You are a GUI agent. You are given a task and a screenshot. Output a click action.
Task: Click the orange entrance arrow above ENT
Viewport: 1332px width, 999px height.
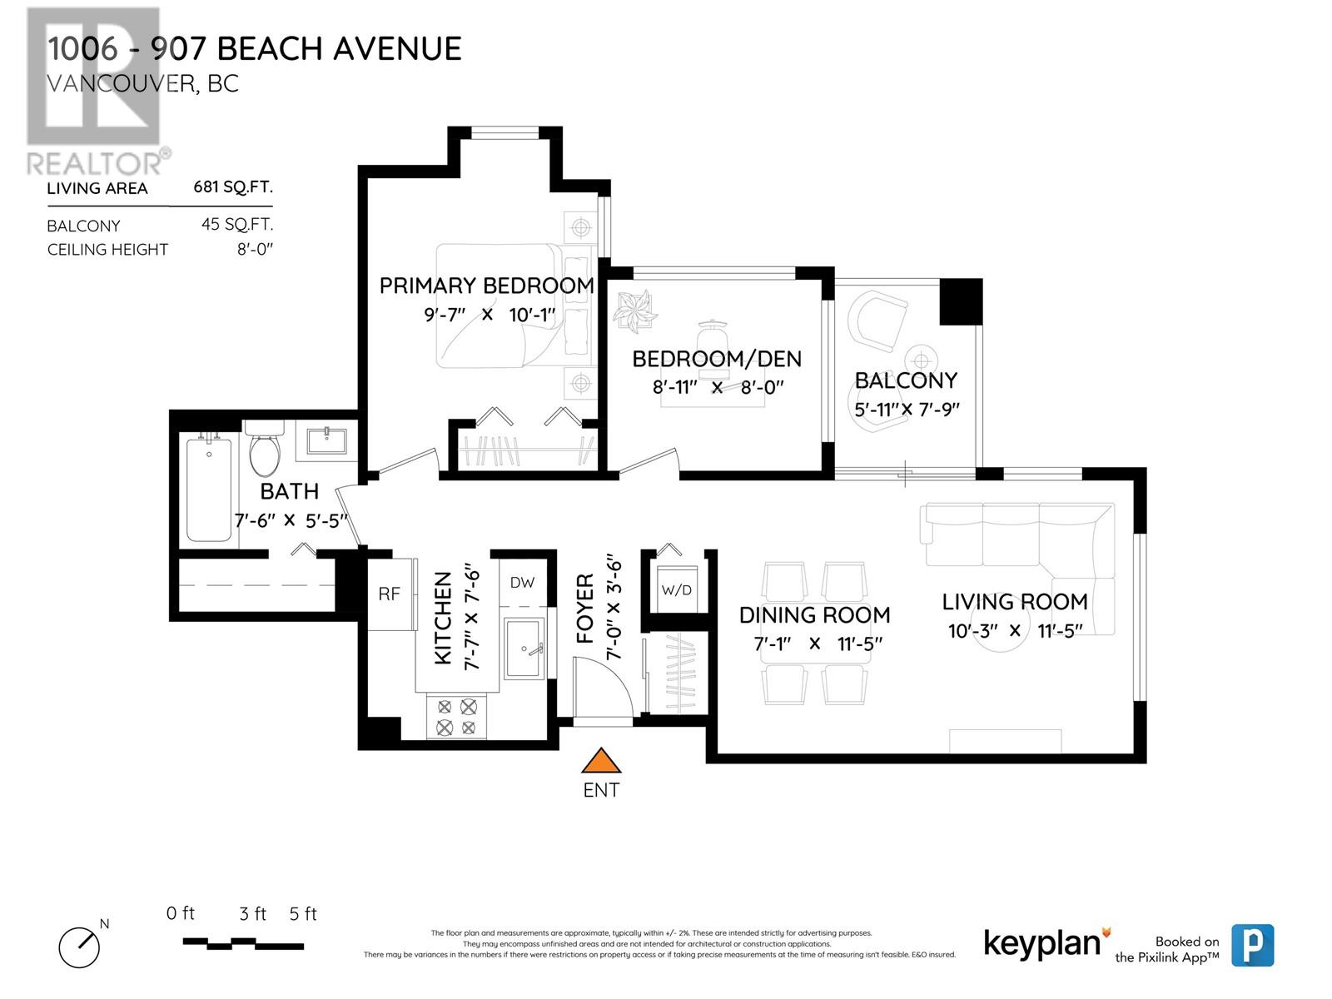601,762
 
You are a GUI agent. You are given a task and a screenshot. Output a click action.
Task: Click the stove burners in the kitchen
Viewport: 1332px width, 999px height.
457,717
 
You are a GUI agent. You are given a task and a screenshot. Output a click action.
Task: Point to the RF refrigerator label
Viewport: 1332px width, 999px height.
389,594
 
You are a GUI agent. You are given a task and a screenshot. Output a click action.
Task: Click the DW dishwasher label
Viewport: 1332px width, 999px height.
522,583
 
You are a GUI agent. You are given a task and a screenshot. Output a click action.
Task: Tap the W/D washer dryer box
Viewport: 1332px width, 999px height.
676,590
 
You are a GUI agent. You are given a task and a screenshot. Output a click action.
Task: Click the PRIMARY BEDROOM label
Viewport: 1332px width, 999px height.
486,286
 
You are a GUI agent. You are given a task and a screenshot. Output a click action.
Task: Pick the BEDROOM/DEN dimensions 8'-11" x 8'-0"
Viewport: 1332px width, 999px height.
718,387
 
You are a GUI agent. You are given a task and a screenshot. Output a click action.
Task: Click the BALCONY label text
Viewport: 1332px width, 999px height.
906,380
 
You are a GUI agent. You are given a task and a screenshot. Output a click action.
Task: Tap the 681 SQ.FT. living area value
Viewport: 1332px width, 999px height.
233,187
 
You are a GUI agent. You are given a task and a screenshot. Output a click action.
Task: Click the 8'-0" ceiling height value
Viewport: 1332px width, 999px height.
255,249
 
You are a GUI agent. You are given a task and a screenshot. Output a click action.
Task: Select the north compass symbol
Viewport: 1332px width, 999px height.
79,946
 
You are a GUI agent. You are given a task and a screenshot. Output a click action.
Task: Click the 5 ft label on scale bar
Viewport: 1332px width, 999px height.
303,914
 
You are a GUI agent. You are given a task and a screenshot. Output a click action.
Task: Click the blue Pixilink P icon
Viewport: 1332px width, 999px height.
1253,945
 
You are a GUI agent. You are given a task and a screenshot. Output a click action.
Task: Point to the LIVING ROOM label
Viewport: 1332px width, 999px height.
1014,602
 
